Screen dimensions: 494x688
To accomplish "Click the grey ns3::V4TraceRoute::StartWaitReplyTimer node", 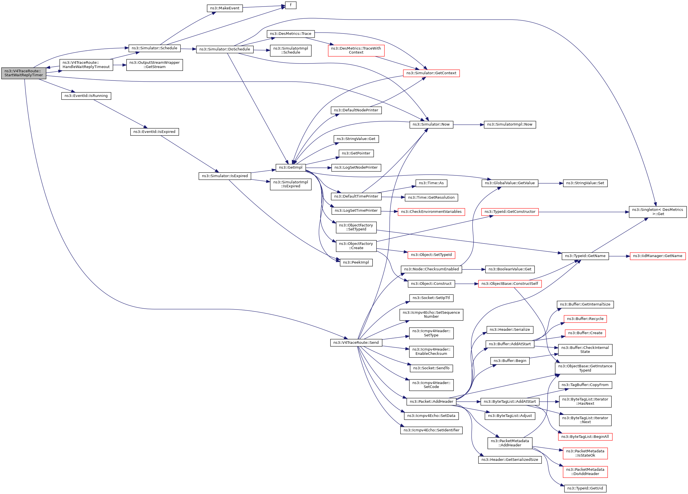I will pyautogui.click(x=24, y=73).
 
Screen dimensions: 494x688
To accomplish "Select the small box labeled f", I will pyautogui.click(x=291, y=5).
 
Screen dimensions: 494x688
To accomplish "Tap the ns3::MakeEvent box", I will pyautogui.click(x=225, y=8).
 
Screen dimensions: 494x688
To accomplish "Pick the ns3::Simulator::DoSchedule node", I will pyautogui.click(x=225, y=49).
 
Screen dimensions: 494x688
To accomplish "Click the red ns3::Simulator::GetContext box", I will pyautogui.click(x=431, y=73).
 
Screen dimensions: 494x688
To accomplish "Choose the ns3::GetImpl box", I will pyautogui.click(x=291, y=168).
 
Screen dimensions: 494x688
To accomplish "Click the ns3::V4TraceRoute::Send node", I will pyautogui.click(x=356, y=343).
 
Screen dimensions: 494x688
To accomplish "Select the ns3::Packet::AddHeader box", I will pyautogui.click(x=431, y=402).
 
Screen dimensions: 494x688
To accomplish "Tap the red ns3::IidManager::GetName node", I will pyautogui.click(x=657, y=256).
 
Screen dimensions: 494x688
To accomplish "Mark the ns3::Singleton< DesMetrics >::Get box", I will pyautogui.click(x=657, y=212).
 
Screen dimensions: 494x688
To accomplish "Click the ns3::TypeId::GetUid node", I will pyautogui.click(x=585, y=489).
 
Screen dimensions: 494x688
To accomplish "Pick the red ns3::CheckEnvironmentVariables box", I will pyautogui.click(x=431, y=212).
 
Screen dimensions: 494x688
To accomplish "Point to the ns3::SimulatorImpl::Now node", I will pyautogui.click(x=510, y=124).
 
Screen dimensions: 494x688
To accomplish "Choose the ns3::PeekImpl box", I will pyautogui.click(x=356, y=263).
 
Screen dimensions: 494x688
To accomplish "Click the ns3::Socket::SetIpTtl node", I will pyautogui.click(x=431, y=298).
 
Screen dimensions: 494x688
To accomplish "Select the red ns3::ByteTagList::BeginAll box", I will pyautogui.click(x=585, y=437).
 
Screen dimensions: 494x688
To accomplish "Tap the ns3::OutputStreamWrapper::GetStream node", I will pyautogui.click(x=154, y=65).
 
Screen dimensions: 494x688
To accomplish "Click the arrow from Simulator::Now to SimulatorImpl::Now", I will pyautogui.click(x=468, y=125).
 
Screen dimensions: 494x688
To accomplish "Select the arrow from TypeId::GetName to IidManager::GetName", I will pyautogui.click(x=619, y=256).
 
